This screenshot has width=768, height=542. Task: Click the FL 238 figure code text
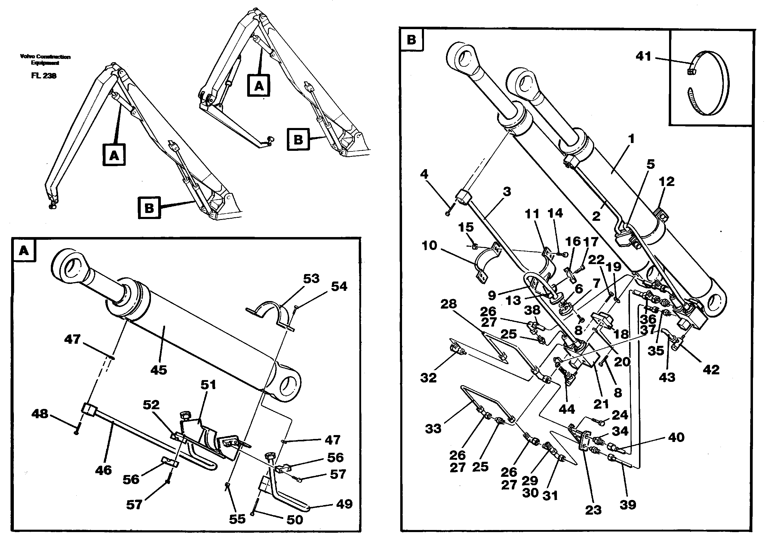[44, 75]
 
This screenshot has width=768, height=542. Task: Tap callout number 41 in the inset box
[644, 56]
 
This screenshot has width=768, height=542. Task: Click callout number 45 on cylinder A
[158, 370]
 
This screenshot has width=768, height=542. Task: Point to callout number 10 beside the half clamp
[429, 245]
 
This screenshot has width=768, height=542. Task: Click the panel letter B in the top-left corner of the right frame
[411, 40]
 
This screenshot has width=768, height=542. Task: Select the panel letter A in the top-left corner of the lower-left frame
[24, 250]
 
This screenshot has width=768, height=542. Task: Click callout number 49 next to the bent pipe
[344, 504]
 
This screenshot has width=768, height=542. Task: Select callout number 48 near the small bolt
[40, 414]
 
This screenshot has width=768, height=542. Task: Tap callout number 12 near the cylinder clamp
[667, 181]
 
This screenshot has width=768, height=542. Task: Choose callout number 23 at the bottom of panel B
[593, 510]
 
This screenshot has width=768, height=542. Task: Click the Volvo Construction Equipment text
[45, 59]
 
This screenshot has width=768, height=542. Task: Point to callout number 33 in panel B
[433, 428]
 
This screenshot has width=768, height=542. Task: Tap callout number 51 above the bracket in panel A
[208, 385]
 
